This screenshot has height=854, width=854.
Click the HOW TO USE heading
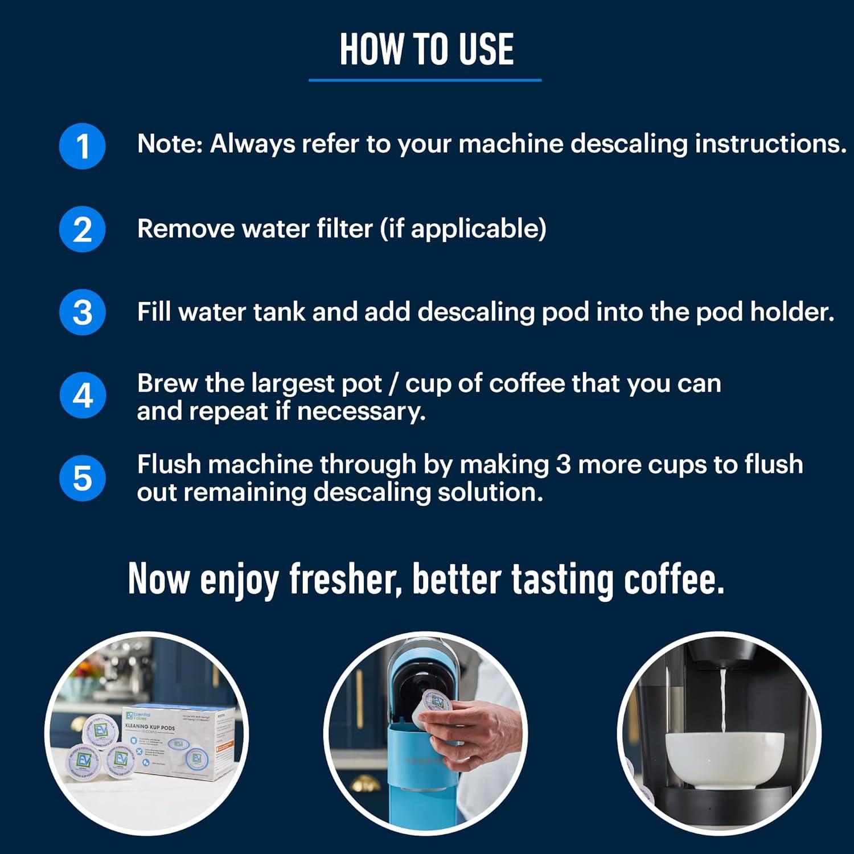(x=426, y=50)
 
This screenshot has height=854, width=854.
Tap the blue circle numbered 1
(x=83, y=146)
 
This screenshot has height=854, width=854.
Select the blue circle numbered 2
(x=83, y=229)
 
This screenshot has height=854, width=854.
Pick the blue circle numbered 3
(x=83, y=313)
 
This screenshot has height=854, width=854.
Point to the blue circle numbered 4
(x=83, y=396)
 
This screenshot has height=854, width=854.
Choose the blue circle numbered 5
(x=83, y=478)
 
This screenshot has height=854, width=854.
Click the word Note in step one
(x=169, y=144)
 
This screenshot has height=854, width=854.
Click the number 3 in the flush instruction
(x=563, y=465)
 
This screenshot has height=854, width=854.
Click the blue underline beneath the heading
(x=425, y=80)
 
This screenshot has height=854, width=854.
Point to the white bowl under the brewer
(x=724, y=757)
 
